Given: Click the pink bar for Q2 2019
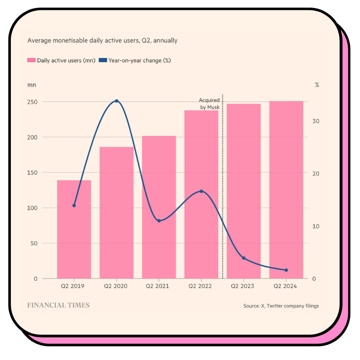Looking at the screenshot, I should tap(74, 229).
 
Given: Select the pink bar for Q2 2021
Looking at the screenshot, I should tap(159, 207).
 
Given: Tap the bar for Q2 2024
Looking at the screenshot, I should tap(286, 189).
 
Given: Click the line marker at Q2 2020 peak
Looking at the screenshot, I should tap(117, 101).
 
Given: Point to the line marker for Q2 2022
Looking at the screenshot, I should tap(201, 191).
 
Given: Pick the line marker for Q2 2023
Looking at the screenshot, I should tap(244, 258).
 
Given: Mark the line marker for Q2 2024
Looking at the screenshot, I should tap(286, 270).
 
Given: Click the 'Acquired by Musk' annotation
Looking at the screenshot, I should tap(209, 103).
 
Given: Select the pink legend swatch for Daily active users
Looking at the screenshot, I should tap(31, 60).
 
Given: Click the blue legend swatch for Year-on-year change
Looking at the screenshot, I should tap(103, 60).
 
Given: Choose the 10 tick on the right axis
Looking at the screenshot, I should tap(316, 226).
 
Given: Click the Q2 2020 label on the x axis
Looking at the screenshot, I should tap(117, 286).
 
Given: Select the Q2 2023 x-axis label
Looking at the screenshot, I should tap(243, 286).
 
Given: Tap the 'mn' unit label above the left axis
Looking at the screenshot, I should tap(31, 85).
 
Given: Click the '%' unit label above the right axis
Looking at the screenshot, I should tap(317, 85).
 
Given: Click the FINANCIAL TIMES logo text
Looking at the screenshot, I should tap(58, 306).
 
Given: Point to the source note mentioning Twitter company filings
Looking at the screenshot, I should tap(281, 306).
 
